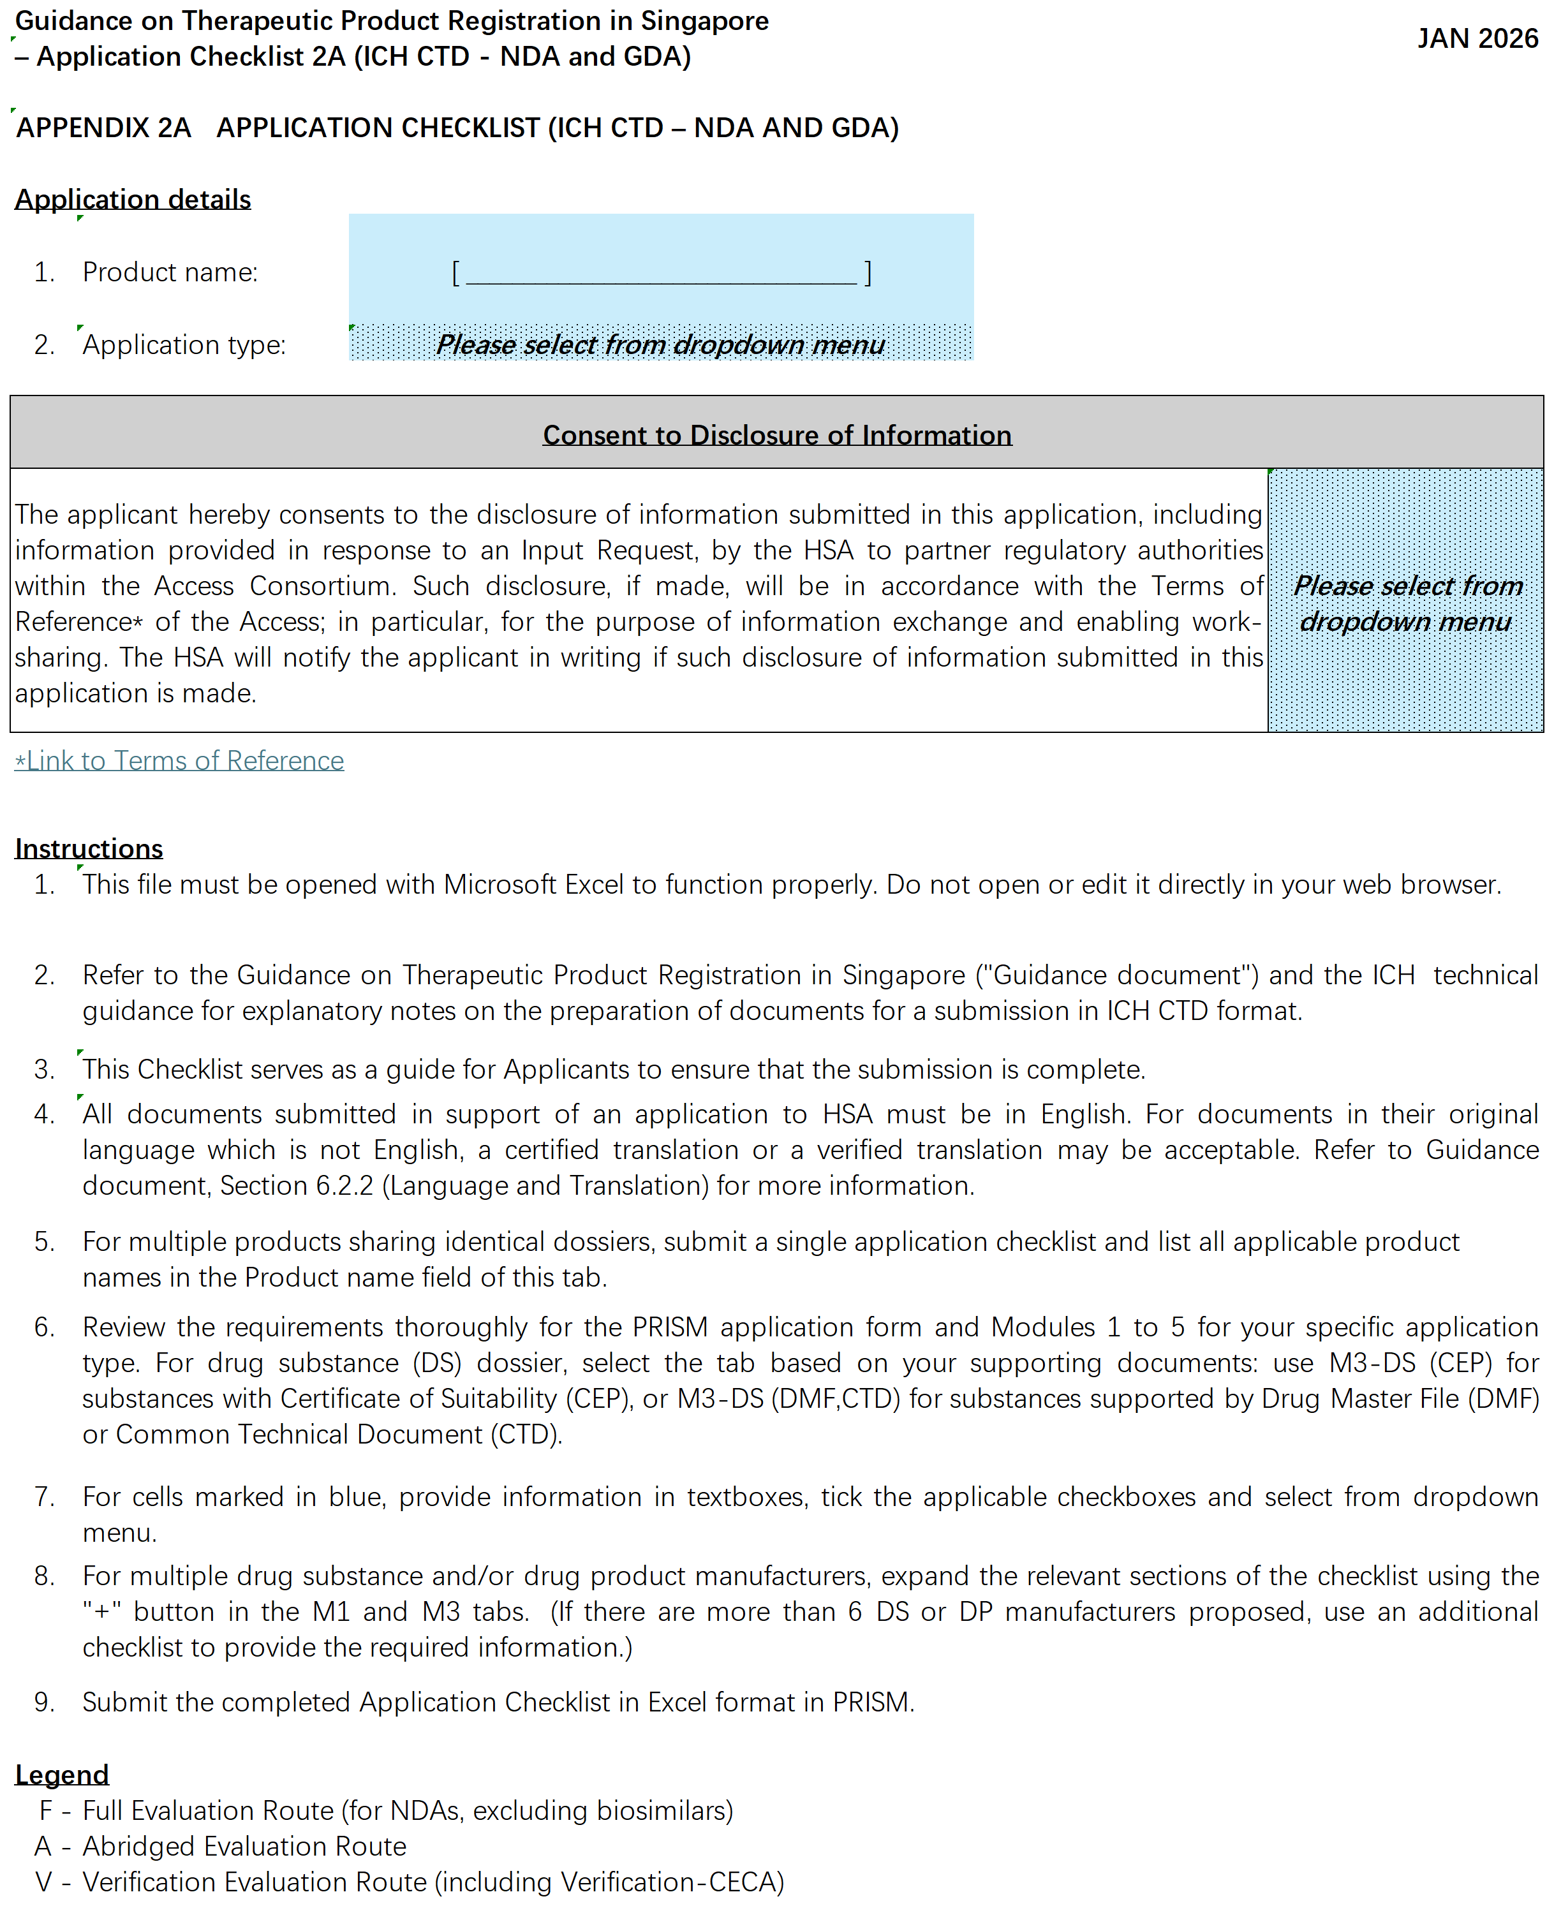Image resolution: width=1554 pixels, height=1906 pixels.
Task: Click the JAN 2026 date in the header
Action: click(x=1476, y=38)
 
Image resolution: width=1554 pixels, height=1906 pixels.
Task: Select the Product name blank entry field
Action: click(x=661, y=272)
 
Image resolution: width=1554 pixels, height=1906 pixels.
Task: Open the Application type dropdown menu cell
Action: click(x=661, y=344)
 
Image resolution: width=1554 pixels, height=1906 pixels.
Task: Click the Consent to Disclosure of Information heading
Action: click(x=776, y=435)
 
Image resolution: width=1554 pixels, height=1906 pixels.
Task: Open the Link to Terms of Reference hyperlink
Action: click(x=180, y=760)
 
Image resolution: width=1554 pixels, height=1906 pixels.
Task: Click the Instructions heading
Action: click(x=89, y=848)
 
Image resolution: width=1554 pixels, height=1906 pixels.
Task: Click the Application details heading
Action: click(x=133, y=199)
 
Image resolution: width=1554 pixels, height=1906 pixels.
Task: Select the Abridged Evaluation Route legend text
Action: click(x=244, y=1846)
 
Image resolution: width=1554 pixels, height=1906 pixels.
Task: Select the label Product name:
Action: click(x=170, y=272)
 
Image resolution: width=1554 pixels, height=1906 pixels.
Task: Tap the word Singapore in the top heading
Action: click(x=704, y=20)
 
